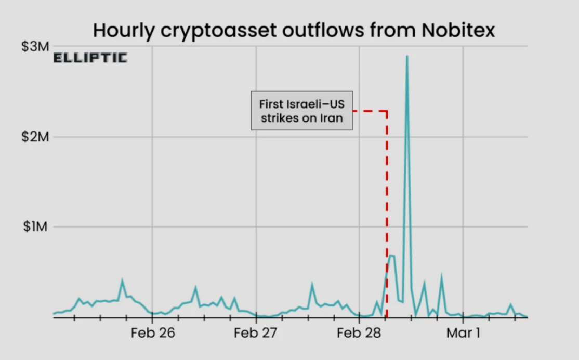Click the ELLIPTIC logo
(x=90, y=58)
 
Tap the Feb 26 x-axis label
(x=152, y=333)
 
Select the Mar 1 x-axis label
(x=463, y=333)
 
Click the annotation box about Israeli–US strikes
(x=301, y=111)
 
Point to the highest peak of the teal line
(x=407, y=56)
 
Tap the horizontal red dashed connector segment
(x=370, y=111)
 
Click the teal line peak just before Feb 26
(x=122, y=281)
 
